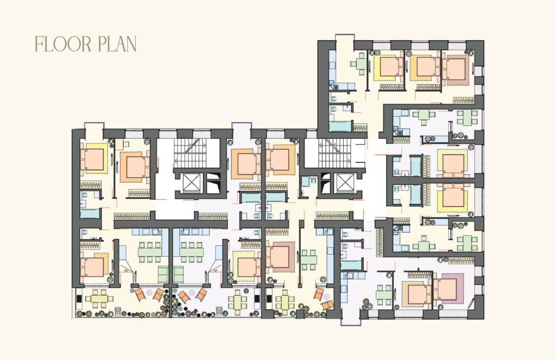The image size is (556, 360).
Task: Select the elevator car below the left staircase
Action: click(191, 184)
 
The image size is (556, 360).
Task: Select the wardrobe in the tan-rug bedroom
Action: click(419, 274)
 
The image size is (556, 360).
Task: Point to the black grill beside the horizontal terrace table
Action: click(79, 299)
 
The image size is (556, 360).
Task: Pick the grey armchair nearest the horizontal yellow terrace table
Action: click(118, 312)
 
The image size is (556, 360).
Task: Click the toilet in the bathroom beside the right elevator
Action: click(313, 181)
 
